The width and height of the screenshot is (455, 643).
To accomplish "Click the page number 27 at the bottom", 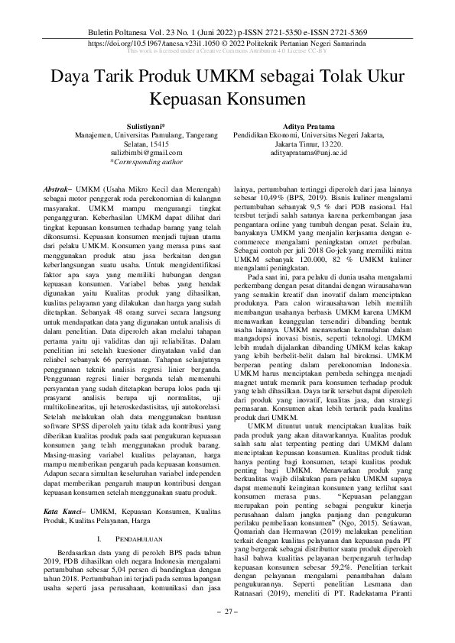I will coord(227,612).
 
